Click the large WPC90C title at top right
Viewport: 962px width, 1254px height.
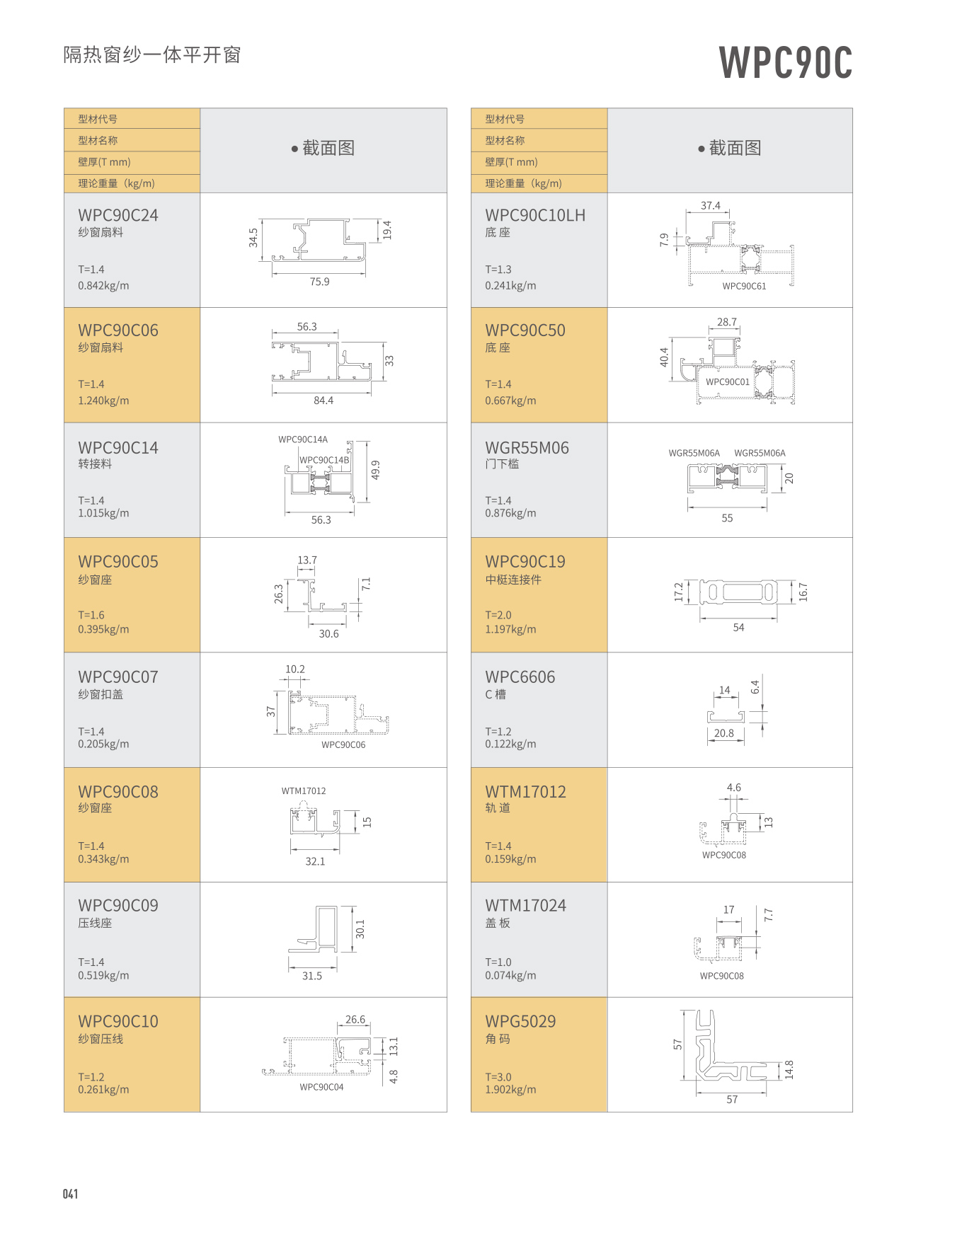click(785, 62)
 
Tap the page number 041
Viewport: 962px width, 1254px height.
click(70, 1194)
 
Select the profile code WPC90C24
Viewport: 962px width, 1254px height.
click(118, 215)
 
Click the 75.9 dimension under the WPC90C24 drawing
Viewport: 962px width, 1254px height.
click(319, 282)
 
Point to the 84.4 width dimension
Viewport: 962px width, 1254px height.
click(323, 401)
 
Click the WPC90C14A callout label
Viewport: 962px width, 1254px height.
click(303, 439)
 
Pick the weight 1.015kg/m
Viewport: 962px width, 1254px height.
click(103, 513)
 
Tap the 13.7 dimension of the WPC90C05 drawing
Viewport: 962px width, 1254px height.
click(307, 560)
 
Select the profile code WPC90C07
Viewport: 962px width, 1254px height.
click(118, 677)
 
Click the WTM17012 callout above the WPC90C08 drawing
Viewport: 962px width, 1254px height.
click(304, 791)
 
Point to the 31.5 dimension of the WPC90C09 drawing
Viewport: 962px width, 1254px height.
click(312, 976)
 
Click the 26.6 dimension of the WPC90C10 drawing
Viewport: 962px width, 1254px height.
click(355, 1020)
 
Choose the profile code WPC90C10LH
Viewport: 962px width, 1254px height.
click(535, 215)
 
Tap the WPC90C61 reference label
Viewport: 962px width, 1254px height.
click(744, 286)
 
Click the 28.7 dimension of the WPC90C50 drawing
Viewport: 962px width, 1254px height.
click(727, 322)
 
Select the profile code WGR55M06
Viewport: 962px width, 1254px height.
click(527, 448)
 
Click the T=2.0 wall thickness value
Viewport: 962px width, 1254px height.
click(498, 615)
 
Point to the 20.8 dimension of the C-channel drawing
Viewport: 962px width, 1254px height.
click(724, 733)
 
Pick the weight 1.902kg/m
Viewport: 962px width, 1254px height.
click(510, 1090)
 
